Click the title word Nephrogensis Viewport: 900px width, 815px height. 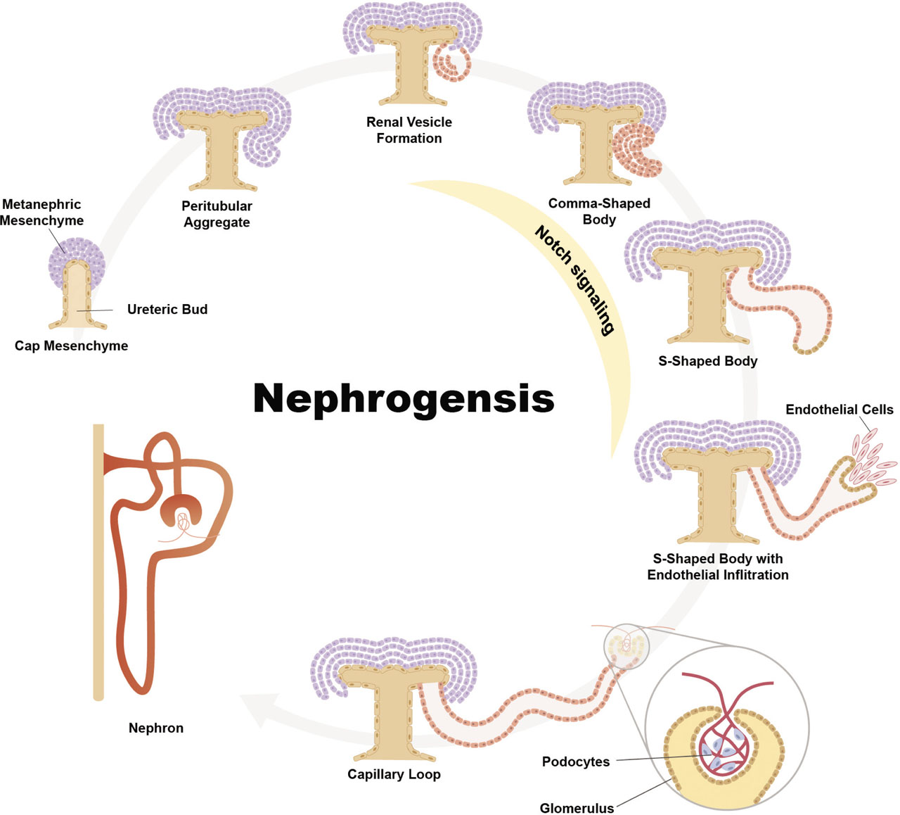click(x=404, y=398)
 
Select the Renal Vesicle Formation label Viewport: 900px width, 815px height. click(x=409, y=130)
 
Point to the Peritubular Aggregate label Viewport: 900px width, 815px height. click(x=217, y=214)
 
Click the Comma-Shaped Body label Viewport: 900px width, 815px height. click(x=599, y=211)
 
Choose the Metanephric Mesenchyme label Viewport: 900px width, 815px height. click(x=41, y=213)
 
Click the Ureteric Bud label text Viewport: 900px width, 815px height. click(x=167, y=309)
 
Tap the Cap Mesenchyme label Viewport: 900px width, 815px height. click(x=71, y=346)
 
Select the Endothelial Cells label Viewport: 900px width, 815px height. click(x=839, y=410)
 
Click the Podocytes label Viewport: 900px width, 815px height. click(x=576, y=762)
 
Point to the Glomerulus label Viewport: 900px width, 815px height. click(x=577, y=808)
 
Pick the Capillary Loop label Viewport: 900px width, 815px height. click(x=394, y=774)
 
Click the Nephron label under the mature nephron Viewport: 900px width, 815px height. click(x=156, y=728)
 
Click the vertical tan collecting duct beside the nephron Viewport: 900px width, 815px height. click(x=98, y=563)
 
